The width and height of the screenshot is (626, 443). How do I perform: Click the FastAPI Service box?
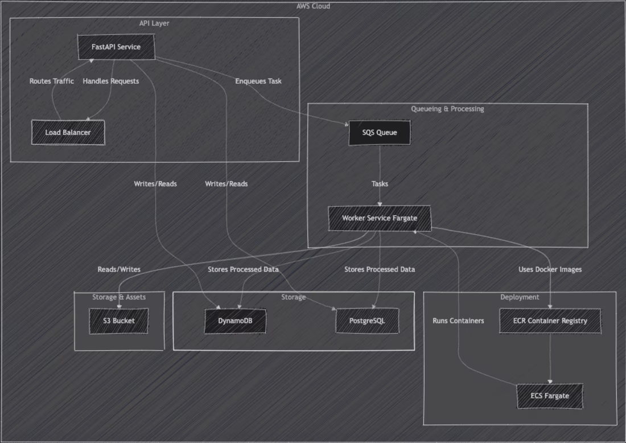(x=116, y=47)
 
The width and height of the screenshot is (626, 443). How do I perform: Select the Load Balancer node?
(x=68, y=133)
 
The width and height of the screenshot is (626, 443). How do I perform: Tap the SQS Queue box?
(x=380, y=133)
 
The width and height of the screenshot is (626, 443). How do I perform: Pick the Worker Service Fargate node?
(x=380, y=218)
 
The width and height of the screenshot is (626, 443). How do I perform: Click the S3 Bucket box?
(x=119, y=321)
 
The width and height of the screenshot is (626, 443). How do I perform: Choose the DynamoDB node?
(x=235, y=321)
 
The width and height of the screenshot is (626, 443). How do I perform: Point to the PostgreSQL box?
(x=367, y=321)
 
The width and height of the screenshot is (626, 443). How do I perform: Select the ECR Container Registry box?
(x=550, y=321)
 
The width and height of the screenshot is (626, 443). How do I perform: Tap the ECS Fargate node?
(x=550, y=396)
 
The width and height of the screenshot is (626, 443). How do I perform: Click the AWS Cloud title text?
(x=313, y=6)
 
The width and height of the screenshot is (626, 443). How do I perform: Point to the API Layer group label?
(x=154, y=23)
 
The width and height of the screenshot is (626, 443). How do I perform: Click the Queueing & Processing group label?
(x=447, y=109)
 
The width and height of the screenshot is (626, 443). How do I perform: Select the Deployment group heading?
(x=520, y=297)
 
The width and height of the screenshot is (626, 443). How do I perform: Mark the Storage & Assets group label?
(x=119, y=297)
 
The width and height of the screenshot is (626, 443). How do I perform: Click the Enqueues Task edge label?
(x=258, y=81)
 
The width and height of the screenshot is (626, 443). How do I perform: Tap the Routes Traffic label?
(x=52, y=81)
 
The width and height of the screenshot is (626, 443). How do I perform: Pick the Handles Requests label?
(x=111, y=81)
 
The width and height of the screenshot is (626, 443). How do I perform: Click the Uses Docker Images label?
(x=550, y=269)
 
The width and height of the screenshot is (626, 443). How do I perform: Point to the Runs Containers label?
(x=458, y=321)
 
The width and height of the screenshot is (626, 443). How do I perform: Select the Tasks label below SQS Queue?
(x=380, y=184)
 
